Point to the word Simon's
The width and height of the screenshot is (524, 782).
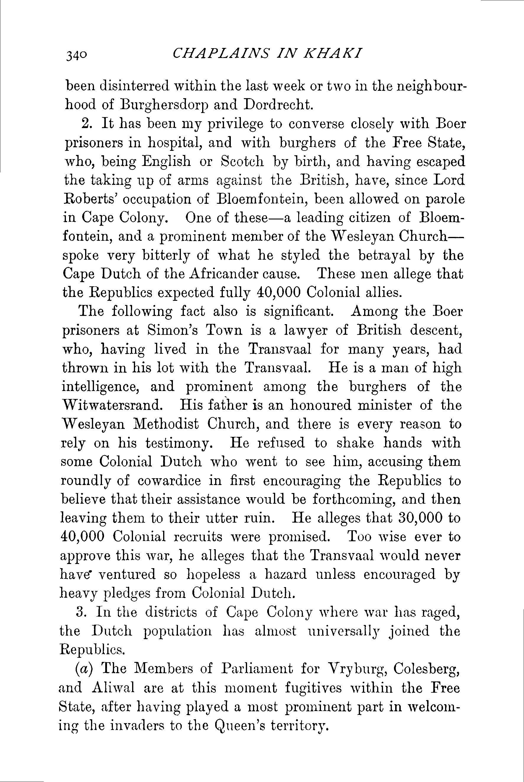pyautogui.click(x=172, y=330)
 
